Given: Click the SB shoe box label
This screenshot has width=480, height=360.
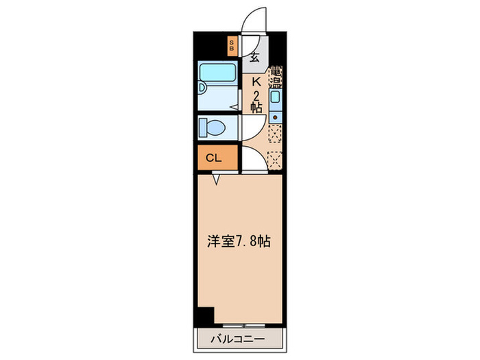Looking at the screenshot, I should click(x=232, y=47).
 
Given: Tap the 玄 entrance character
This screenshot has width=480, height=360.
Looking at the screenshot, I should click(x=254, y=58).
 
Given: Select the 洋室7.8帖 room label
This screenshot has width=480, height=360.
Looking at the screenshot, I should click(x=239, y=241).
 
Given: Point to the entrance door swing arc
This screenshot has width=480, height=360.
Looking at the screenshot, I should click(x=252, y=19).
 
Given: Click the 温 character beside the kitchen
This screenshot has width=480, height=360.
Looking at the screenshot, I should click(x=276, y=83).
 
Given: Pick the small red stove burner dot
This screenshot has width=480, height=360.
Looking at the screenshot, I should click(x=275, y=117).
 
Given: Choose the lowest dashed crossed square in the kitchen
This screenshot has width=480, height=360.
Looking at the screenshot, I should click(x=275, y=160).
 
